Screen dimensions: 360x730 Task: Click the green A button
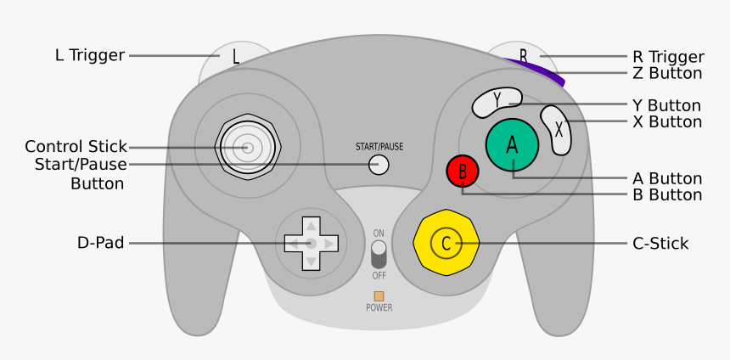(512, 145)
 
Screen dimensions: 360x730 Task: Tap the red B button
(463, 172)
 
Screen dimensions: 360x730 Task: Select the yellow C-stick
(446, 244)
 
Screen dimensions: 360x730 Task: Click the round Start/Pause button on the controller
(379, 165)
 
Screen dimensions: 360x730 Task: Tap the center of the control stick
(247, 148)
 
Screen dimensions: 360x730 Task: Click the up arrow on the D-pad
(311, 225)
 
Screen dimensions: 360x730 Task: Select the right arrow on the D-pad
(329, 244)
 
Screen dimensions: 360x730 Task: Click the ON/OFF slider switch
(379, 254)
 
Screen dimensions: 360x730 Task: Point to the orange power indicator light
(379, 296)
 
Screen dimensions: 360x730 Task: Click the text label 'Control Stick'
(76, 146)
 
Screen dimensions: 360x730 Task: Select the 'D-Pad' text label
(100, 244)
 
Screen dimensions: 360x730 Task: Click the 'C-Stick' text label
(660, 244)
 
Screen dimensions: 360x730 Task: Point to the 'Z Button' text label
(667, 74)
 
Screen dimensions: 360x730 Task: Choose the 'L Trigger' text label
(89, 55)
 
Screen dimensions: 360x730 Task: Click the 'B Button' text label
(667, 195)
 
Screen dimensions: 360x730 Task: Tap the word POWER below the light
(379, 308)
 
